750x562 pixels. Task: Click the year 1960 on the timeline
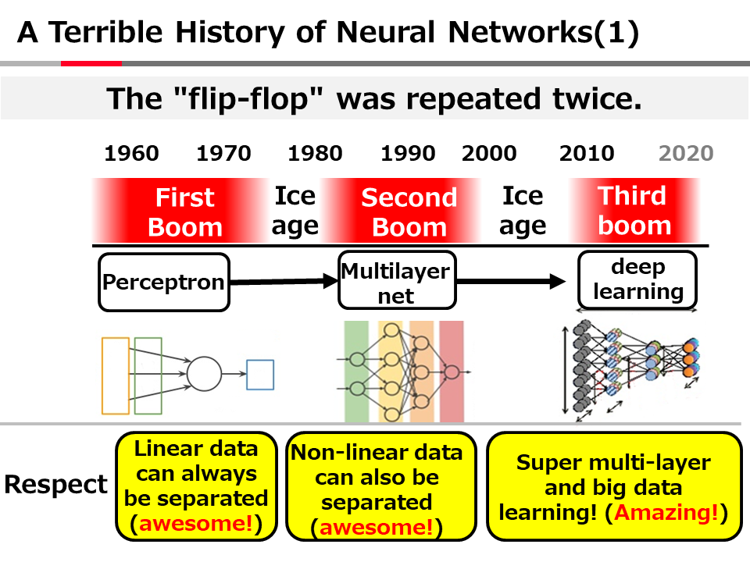[130, 153]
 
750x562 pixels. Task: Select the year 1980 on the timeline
[315, 153]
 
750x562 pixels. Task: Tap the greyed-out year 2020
[685, 153]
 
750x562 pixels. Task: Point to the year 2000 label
[489, 153]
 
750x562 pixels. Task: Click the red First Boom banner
[185, 212]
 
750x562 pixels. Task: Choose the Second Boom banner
[409, 212]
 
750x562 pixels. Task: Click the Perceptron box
[164, 282]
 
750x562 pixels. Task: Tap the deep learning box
[637, 279]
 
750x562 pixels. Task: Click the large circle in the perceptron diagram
[204, 374]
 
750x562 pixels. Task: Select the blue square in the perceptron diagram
[260, 375]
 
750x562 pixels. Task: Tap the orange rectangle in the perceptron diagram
[116, 375]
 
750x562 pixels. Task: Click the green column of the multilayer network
[355, 371]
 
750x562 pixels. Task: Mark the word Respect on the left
[55, 484]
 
